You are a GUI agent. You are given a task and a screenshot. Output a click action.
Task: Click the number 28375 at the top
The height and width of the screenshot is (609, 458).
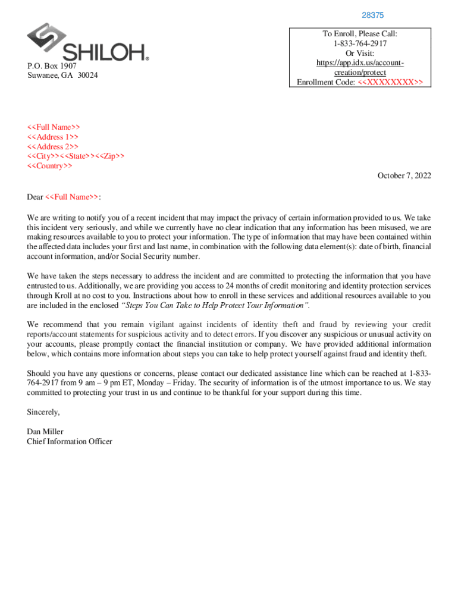tap(373, 15)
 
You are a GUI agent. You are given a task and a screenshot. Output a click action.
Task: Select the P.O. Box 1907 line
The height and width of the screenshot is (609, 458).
tap(52, 66)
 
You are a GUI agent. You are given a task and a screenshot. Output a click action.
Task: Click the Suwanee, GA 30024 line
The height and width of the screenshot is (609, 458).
tap(62, 76)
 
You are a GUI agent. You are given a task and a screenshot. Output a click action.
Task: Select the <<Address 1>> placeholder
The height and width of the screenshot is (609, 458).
tap(53, 137)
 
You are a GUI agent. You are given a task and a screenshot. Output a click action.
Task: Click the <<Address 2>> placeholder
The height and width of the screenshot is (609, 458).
tap(53, 146)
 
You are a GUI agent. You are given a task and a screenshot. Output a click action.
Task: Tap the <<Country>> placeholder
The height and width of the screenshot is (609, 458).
tap(50, 165)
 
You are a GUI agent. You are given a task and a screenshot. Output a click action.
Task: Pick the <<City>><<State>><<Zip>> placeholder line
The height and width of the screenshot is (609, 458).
tap(76, 156)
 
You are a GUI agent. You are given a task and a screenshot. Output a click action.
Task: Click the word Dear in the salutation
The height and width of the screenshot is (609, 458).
tap(35, 197)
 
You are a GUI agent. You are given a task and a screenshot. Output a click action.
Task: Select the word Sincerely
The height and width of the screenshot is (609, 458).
tap(43, 412)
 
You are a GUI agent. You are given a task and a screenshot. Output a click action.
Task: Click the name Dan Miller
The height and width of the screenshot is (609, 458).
tap(45, 432)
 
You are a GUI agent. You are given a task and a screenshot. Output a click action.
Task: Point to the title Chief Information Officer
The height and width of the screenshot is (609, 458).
tap(69, 441)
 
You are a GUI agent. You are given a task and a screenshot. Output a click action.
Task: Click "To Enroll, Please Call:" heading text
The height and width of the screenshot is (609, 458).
tap(360, 34)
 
